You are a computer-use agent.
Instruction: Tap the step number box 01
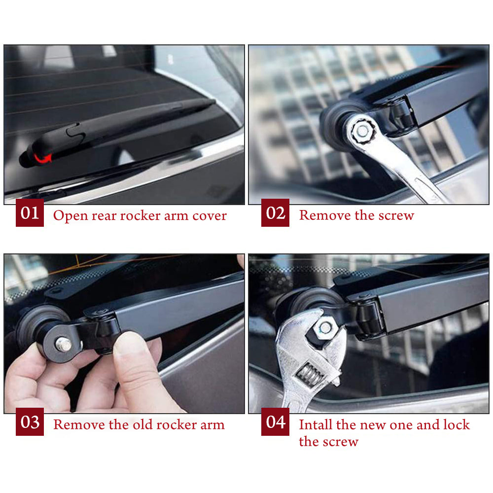[30, 212]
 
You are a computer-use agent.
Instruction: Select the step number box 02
[275, 212]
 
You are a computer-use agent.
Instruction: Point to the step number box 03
[30, 422]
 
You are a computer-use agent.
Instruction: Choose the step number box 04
[275, 422]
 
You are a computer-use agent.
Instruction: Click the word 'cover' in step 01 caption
[210, 216]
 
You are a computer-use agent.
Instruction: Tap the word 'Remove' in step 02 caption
[325, 215]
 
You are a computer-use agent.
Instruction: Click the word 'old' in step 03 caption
[143, 424]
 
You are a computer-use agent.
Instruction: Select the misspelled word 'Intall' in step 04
[316, 424]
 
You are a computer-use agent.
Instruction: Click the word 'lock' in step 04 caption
[456, 424]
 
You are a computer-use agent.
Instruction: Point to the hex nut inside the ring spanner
[362, 131]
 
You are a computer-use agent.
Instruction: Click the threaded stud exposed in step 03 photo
[64, 344]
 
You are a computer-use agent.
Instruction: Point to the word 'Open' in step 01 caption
[70, 216]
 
